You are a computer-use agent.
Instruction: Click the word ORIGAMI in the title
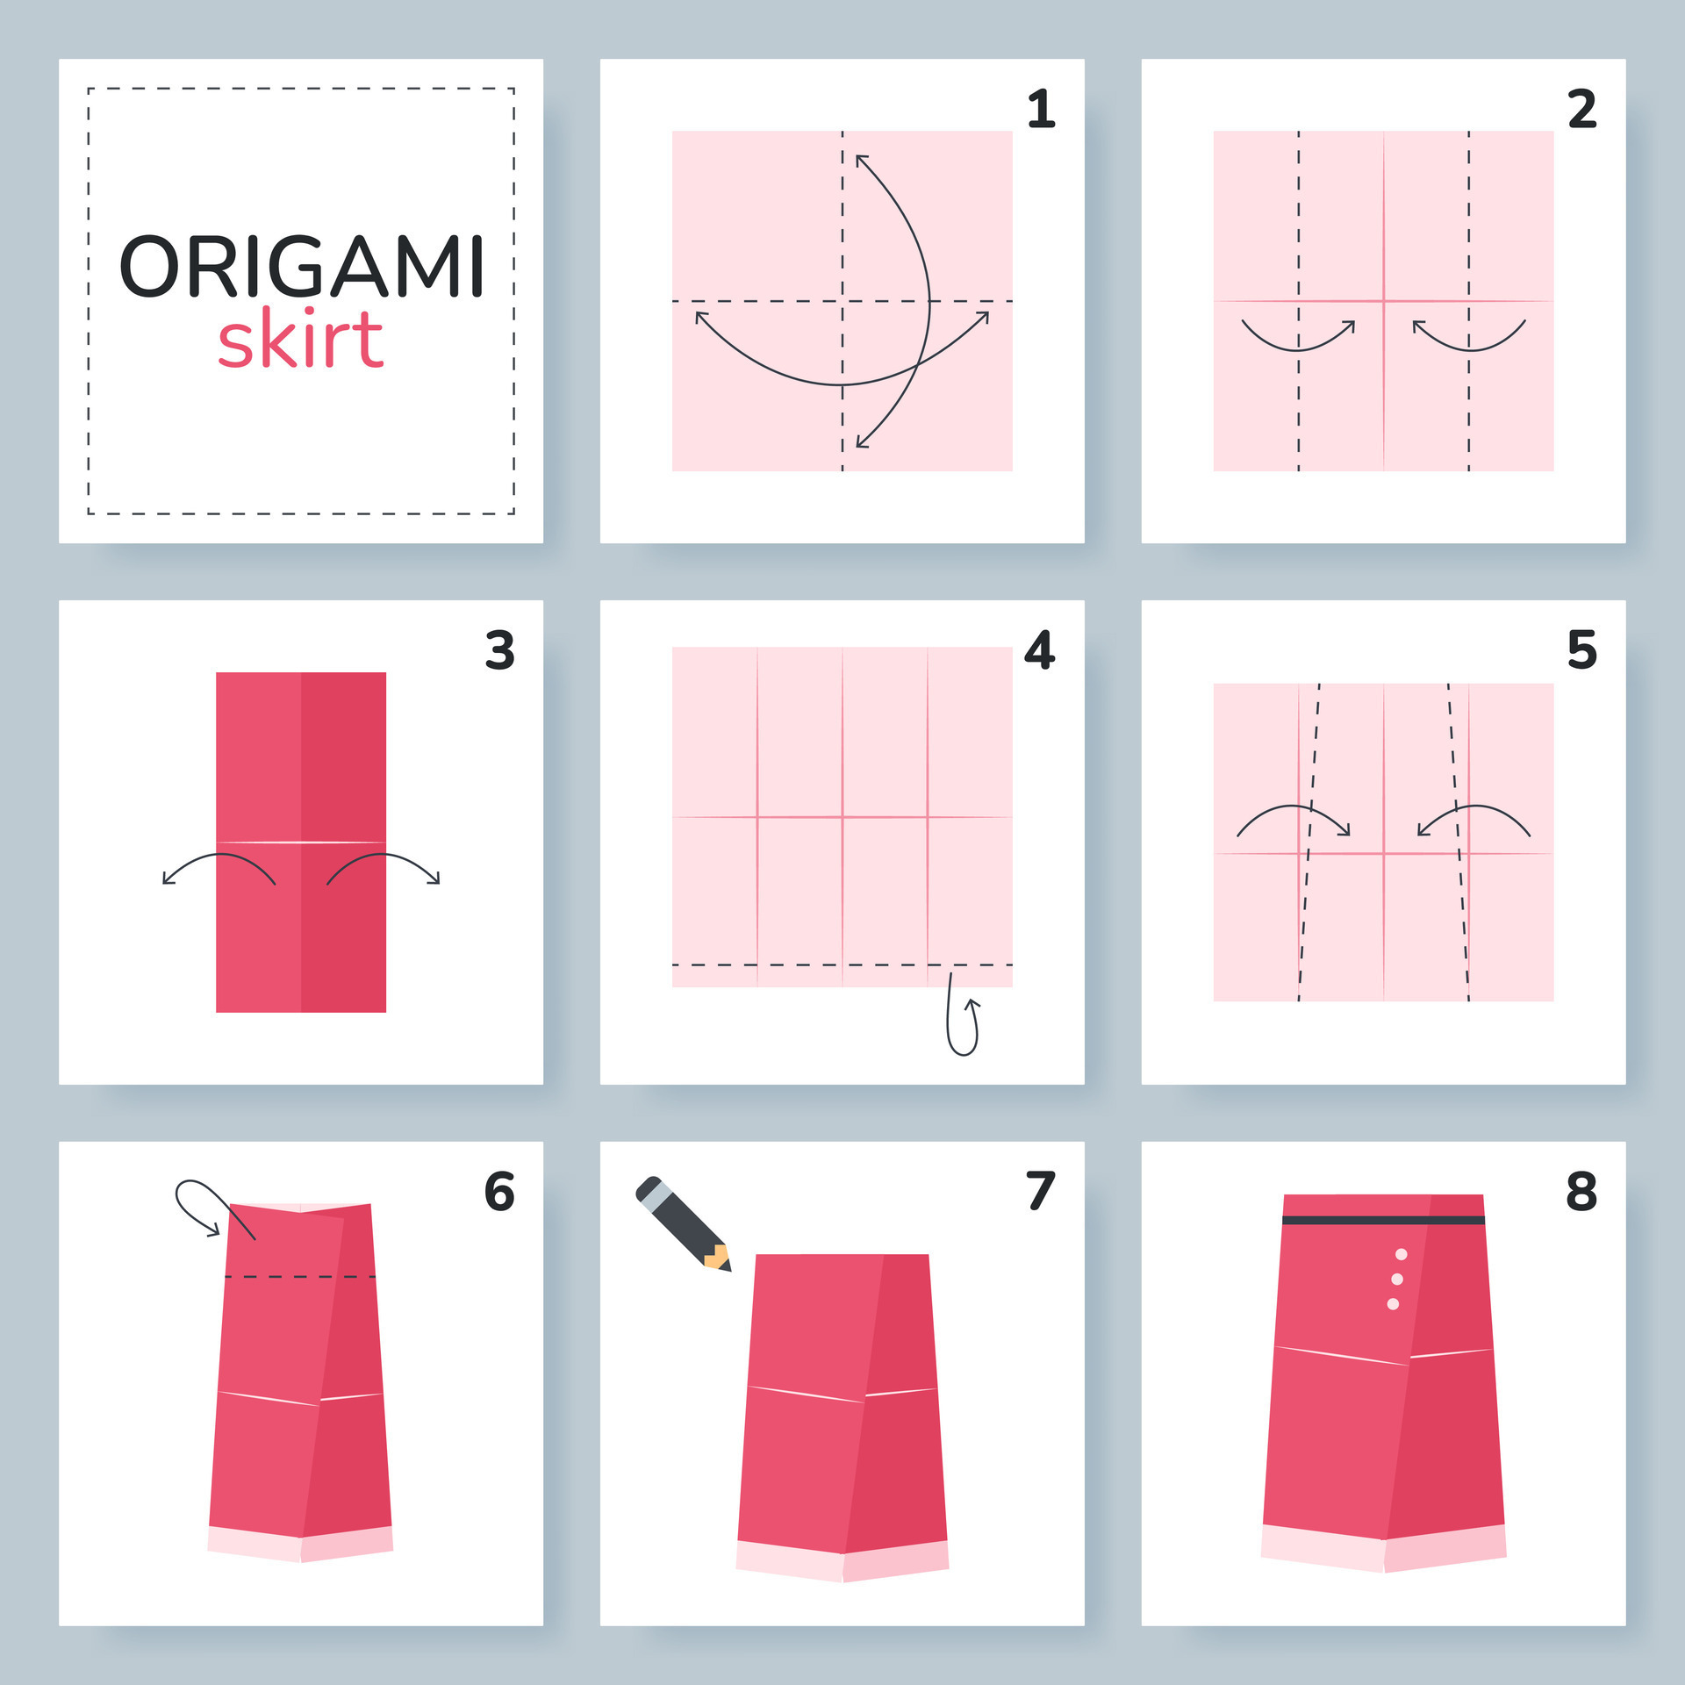point(301,266)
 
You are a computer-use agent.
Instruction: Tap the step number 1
point(1041,109)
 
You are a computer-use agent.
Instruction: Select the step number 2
point(1582,109)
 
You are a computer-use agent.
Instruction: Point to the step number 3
point(500,650)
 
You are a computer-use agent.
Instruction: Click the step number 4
point(1040,650)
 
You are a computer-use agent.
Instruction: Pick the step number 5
point(1582,650)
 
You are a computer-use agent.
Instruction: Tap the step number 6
point(499,1192)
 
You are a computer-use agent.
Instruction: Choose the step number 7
point(1041,1192)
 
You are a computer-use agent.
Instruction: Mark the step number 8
point(1581,1192)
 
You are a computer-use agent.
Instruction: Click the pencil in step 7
point(683,1223)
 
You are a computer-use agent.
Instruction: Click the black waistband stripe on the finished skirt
point(1383,1220)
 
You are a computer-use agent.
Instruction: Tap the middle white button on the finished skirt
point(1397,1279)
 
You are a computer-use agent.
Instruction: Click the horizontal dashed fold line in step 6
point(300,1276)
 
